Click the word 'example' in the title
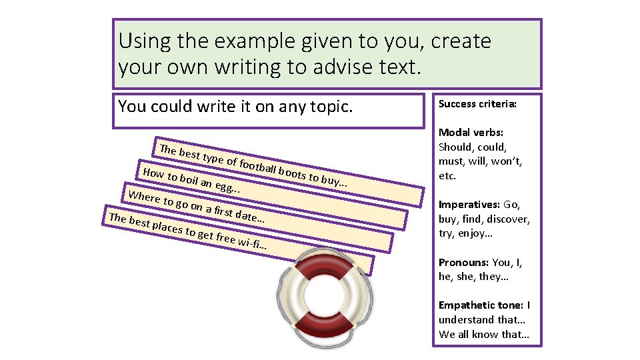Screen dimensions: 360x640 250,41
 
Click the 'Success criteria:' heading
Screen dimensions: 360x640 477,104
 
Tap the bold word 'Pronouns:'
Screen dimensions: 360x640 463,262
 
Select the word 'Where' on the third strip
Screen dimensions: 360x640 144,197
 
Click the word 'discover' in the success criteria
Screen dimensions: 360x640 509,219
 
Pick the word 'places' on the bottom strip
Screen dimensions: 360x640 167,227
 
